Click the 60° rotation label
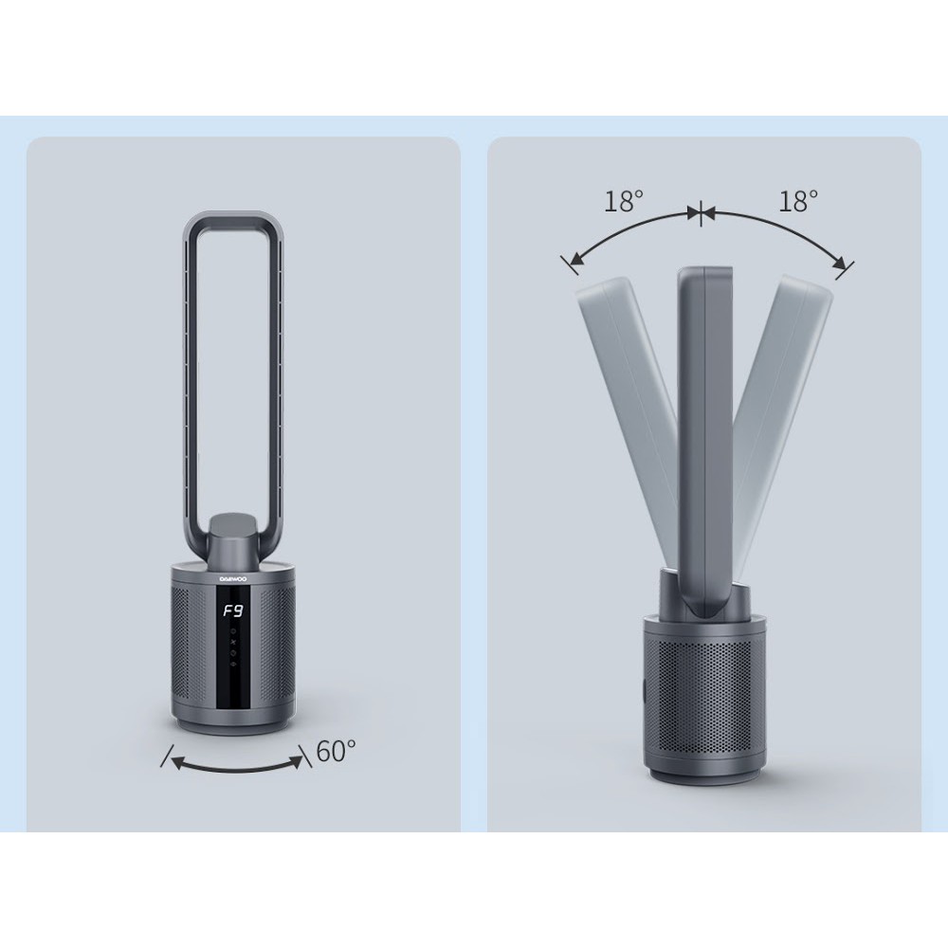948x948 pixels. click(x=336, y=752)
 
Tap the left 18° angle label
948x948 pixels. click(x=624, y=201)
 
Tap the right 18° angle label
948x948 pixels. click(x=798, y=201)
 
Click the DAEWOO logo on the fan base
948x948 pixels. click(x=233, y=578)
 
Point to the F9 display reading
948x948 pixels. click(x=232, y=611)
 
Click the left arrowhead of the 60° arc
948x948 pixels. click(x=178, y=763)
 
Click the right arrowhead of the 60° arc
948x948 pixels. click(x=297, y=760)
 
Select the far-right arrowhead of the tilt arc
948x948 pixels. click(x=839, y=262)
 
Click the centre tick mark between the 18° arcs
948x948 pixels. click(x=701, y=212)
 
